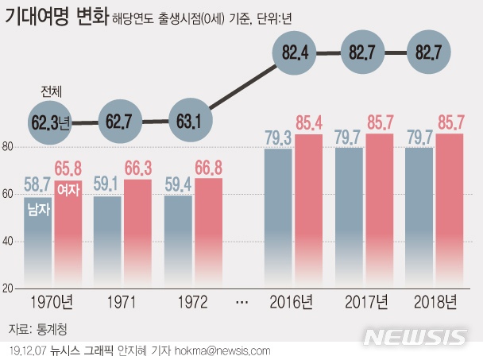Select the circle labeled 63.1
coord(191,122)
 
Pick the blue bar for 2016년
coord(279,219)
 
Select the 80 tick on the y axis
coord(8,147)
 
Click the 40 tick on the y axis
coord(8,242)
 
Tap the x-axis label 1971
coord(122,303)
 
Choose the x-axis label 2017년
coord(366,303)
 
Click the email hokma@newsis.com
coord(227,350)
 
